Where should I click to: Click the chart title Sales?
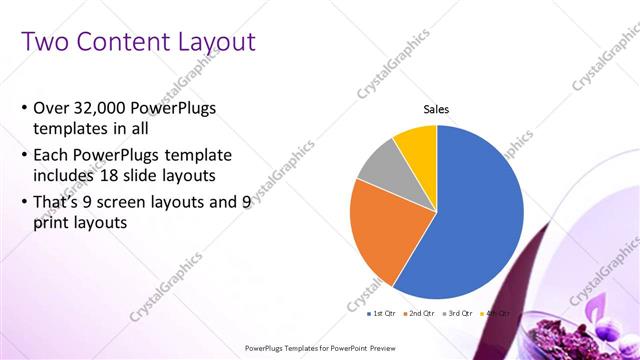click(436, 109)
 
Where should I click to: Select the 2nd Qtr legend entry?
click(421, 314)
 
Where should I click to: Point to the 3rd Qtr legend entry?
click(459, 314)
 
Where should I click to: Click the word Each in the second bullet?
click(53, 156)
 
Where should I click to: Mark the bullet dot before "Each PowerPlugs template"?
click(24, 157)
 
